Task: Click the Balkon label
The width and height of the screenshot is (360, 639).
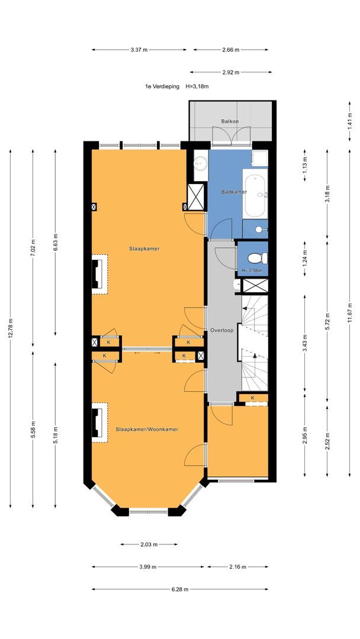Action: point(230,121)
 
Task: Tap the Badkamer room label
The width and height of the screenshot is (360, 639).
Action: point(234,192)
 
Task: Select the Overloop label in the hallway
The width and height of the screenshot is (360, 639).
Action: point(222,331)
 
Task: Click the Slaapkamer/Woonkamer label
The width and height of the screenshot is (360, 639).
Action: point(147,429)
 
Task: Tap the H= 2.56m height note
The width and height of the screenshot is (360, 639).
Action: point(252,270)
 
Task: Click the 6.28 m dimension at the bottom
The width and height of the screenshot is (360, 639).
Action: point(180,589)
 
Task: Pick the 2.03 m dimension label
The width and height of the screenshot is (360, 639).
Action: point(149,544)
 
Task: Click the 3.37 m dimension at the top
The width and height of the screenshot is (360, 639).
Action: point(139,50)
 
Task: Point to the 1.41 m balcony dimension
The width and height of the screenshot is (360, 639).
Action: point(350,121)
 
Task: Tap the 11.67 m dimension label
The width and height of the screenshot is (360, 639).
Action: point(350,312)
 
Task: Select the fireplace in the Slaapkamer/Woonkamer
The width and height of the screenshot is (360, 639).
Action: point(99,422)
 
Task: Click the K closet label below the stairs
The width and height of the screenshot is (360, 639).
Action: point(253,398)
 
